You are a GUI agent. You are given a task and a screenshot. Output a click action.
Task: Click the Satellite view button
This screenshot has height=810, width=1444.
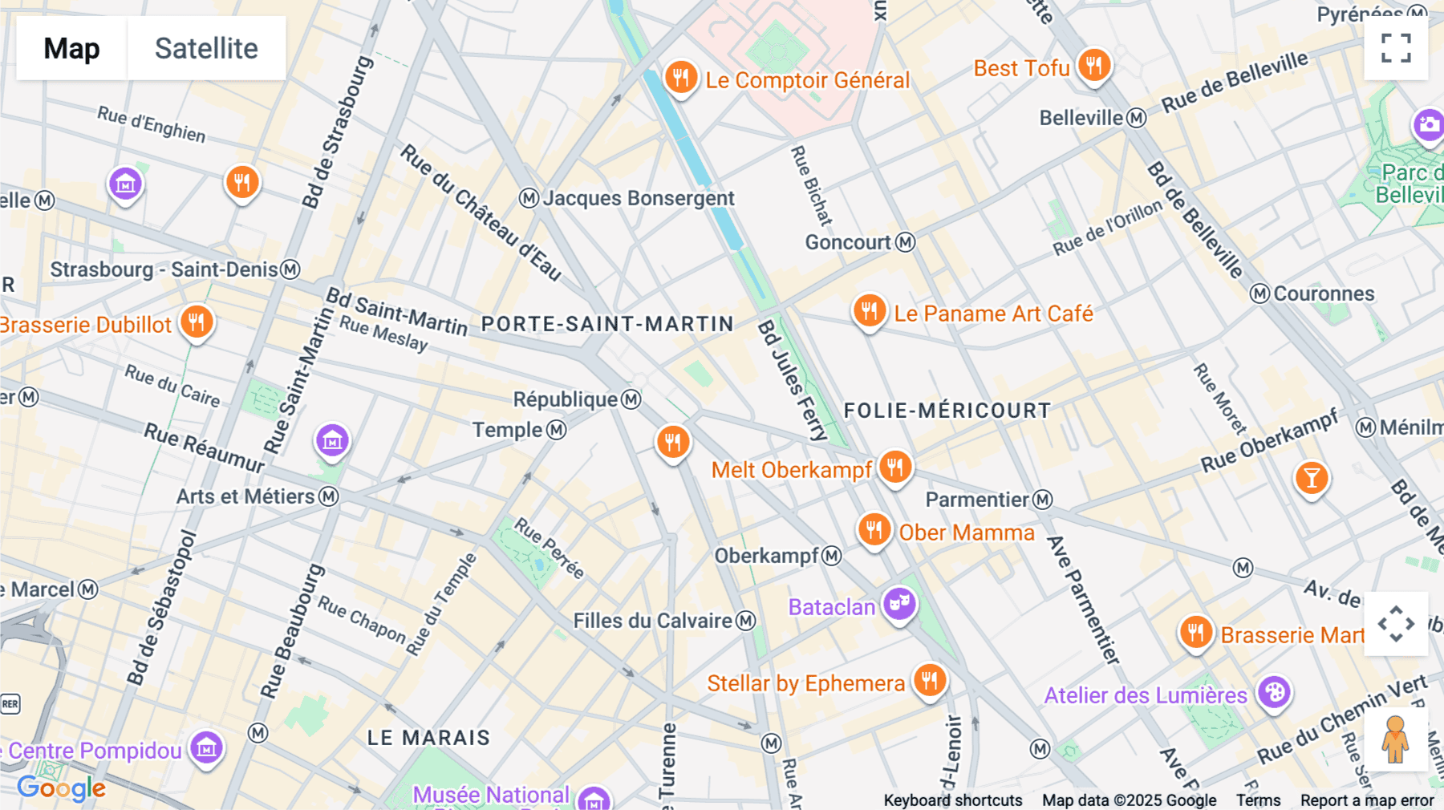click(206, 48)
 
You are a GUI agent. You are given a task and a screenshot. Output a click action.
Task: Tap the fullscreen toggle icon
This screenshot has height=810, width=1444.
click(1396, 48)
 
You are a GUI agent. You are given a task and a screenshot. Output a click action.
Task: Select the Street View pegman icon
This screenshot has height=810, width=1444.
click(1396, 739)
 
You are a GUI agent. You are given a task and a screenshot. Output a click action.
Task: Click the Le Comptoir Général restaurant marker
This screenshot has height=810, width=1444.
click(680, 78)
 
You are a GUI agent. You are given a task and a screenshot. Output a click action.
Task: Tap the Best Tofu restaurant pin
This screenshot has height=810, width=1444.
click(1094, 65)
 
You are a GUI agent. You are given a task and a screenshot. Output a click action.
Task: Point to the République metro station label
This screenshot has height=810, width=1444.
click(566, 399)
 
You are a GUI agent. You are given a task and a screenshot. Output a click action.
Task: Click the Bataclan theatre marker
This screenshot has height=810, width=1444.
click(899, 603)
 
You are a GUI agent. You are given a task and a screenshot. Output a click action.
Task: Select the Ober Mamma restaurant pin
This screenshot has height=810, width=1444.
click(874, 530)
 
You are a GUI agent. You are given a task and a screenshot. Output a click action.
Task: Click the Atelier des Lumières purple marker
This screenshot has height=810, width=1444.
click(1274, 692)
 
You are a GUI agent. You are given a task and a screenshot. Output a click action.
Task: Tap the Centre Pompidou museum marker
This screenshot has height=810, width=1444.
click(206, 747)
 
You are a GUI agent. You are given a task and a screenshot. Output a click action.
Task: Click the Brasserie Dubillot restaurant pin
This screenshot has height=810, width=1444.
click(197, 322)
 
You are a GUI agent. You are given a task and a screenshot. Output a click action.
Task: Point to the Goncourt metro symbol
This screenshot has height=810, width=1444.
click(906, 242)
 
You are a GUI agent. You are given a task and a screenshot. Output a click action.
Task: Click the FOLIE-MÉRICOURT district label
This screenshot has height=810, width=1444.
click(947, 411)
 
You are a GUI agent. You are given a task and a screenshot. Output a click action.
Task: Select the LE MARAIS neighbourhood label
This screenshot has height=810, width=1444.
click(428, 738)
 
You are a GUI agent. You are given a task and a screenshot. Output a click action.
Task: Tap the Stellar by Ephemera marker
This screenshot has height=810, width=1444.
click(929, 681)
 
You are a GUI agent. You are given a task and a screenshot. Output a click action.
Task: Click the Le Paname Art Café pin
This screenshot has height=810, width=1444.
click(869, 310)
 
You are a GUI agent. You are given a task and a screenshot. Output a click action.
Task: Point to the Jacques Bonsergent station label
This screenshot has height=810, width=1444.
click(638, 198)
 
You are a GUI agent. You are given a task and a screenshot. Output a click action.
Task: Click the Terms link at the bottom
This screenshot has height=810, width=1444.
click(1258, 800)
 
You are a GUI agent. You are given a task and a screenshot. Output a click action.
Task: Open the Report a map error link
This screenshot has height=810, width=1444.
click(1367, 800)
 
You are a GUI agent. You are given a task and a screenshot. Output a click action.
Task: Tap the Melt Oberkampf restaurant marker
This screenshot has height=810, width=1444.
click(895, 467)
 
